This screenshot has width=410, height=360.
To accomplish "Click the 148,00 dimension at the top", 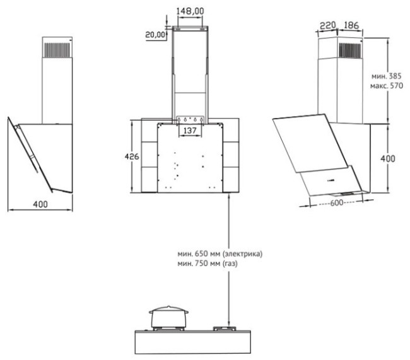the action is [x=190, y=11].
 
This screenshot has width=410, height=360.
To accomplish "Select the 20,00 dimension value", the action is [x=155, y=35].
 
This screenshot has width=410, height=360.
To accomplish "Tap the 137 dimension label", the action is [x=190, y=131].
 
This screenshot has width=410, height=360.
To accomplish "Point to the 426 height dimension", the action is [x=132, y=156].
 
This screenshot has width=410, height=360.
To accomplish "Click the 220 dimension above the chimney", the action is [x=328, y=26].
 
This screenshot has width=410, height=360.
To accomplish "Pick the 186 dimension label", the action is [x=351, y=25].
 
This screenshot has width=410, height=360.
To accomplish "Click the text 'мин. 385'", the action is [x=387, y=76].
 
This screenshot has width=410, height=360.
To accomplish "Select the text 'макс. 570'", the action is [x=387, y=86].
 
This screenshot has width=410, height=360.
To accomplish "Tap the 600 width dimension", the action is [x=337, y=202].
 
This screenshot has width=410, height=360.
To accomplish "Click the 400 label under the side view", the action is [x=40, y=204].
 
